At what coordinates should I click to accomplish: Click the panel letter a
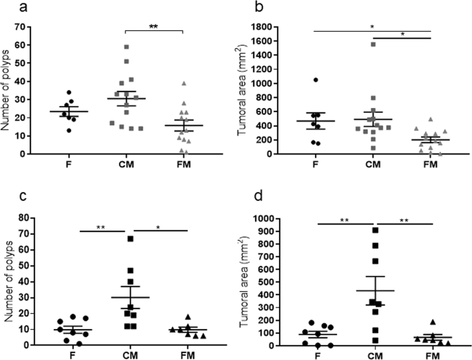(8, 8)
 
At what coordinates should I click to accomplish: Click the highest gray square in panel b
(373, 45)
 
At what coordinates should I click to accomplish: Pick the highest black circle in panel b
(315, 80)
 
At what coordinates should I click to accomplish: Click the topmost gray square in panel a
(126, 47)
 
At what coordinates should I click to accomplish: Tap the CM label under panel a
(126, 165)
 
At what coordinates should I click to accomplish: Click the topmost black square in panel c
(130, 239)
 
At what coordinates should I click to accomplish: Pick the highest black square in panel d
(374, 230)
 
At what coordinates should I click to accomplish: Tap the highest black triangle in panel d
(432, 322)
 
